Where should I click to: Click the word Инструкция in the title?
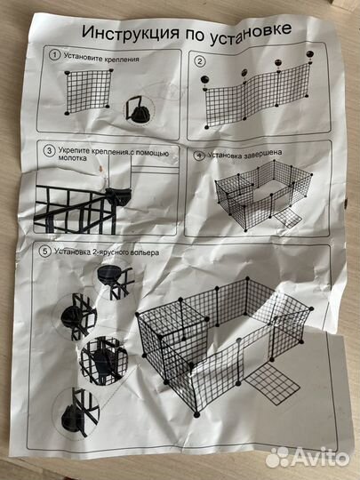click(x=131, y=33)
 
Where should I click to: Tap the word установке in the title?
click(x=251, y=34)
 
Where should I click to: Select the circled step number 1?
click(x=54, y=55)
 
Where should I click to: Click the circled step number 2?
click(x=200, y=61)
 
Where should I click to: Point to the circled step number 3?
click(x=49, y=151)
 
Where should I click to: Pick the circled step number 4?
click(x=199, y=156)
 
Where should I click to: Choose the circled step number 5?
click(x=45, y=252)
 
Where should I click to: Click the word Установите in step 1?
click(x=81, y=56)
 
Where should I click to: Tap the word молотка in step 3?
click(x=72, y=158)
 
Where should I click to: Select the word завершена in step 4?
click(x=263, y=153)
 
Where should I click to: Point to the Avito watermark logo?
click(x=308, y=458)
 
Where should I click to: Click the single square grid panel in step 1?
click(x=88, y=92)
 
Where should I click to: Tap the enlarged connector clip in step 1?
click(x=139, y=109)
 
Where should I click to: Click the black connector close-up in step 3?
click(x=118, y=196)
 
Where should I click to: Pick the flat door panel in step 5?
click(x=272, y=383)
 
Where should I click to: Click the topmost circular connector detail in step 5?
click(x=115, y=278)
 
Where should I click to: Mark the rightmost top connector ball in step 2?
click(x=310, y=54)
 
